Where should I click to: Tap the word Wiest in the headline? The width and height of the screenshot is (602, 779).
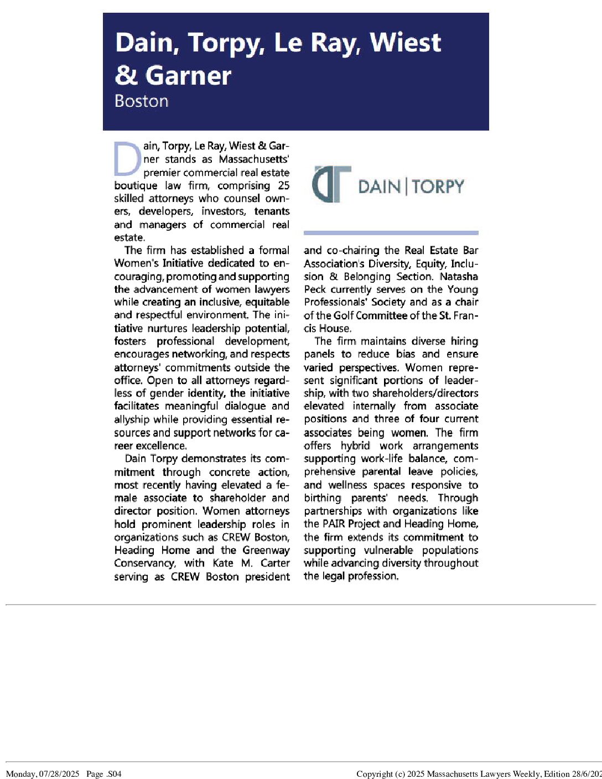click(x=406, y=43)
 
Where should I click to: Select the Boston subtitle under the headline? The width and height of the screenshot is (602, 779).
click(x=141, y=101)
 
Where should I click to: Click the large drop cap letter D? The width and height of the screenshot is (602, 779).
click(x=127, y=159)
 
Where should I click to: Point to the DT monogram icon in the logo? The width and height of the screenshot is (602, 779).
click(x=331, y=185)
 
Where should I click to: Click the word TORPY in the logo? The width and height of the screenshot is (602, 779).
click(x=438, y=186)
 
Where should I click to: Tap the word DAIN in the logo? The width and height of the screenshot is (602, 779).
click(x=379, y=186)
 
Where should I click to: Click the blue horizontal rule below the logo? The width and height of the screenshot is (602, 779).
click(x=391, y=233)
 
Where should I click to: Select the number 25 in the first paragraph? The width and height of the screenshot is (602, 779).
click(x=283, y=185)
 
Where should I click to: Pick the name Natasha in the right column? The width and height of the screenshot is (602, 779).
click(x=459, y=276)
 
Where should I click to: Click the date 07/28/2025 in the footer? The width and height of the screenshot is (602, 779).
click(x=60, y=774)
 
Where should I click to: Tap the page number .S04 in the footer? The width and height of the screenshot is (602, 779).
click(x=113, y=774)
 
